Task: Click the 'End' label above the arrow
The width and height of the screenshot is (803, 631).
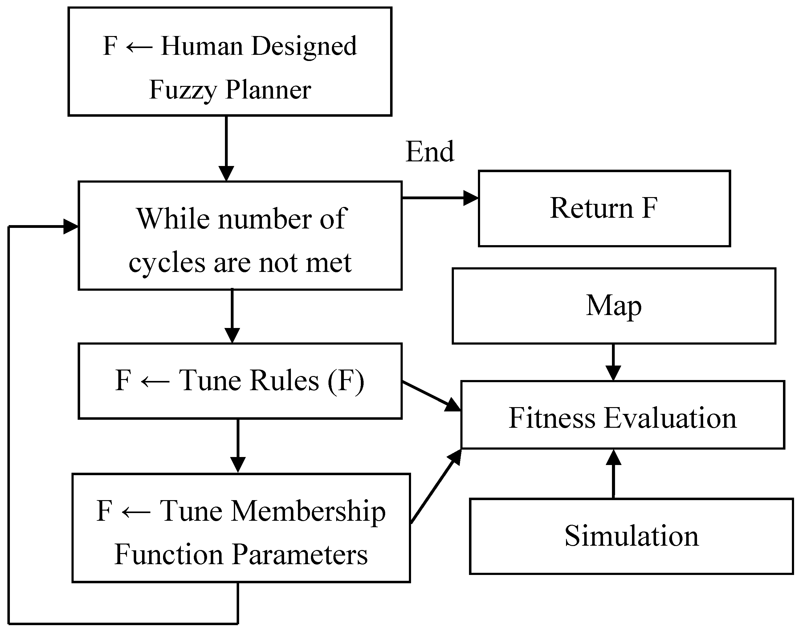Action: pyautogui.click(x=430, y=152)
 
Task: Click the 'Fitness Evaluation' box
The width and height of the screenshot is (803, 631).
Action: pyautogui.click(x=622, y=415)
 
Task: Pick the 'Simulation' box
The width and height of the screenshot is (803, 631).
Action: pyautogui.click(x=631, y=536)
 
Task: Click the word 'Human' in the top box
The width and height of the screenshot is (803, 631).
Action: pyautogui.click(x=202, y=46)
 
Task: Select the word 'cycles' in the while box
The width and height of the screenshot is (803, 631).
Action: pyautogui.click(x=167, y=263)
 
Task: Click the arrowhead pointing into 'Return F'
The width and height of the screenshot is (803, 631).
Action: pyautogui.click(x=471, y=198)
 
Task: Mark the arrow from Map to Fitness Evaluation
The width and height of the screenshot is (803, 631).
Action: pyautogui.click(x=613, y=362)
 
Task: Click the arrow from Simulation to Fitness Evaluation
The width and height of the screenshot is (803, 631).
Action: pyautogui.click(x=614, y=473)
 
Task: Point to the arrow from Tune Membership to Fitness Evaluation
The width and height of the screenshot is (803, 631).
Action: pyautogui.click(x=436, y=486)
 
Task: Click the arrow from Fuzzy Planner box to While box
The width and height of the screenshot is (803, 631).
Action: pyautogui.click(x=226, y=148)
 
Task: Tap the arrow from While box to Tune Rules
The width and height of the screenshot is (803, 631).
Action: pyautogui.click(x=232, y=316)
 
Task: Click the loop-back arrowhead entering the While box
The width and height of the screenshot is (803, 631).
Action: pyautogui.click(x=71, y=226)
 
